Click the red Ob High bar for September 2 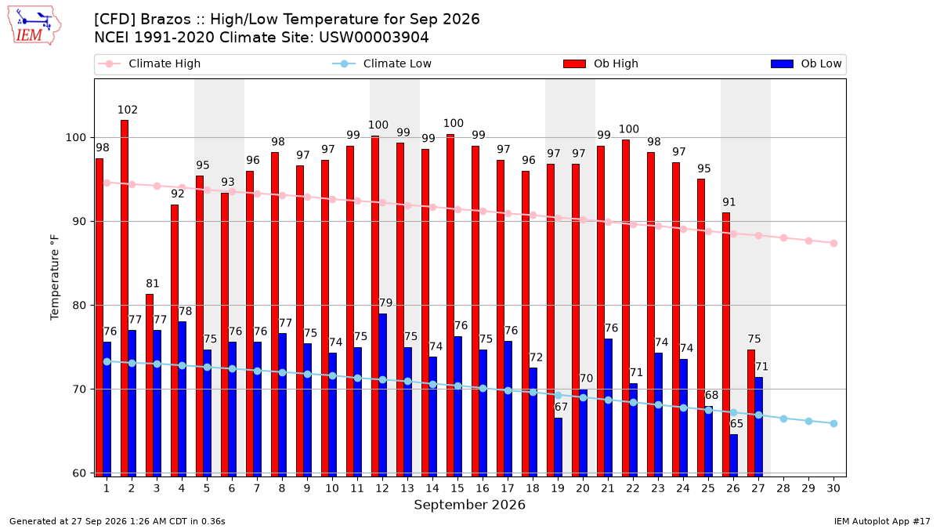click(x=125, y=298)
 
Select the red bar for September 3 click(x=150, y=385)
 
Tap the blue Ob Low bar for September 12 click(x=383, y=395)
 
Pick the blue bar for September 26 click(x=733, y=455)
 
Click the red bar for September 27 click(x=751, y=413)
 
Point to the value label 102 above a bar click(x=128, y=110)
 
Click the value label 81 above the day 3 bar click(x=152, y=284)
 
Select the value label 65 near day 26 click(x=736, y=424)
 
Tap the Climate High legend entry click(x=150, y=63)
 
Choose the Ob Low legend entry click(x=806, y=63)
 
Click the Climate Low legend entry click(x=382, y=63)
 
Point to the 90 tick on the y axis click(x=79, y=222)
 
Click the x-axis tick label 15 click(x=457, y=488)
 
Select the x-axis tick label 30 click(x=833, y=488)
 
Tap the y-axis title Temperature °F click(x=55, y=277)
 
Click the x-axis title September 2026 click(x=469, y=505)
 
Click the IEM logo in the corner click(x=34, y=26)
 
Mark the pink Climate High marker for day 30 click(x=833, y=244)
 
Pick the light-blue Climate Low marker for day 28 click(x=783, y=419)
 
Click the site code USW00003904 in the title click(x=374, y=38)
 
